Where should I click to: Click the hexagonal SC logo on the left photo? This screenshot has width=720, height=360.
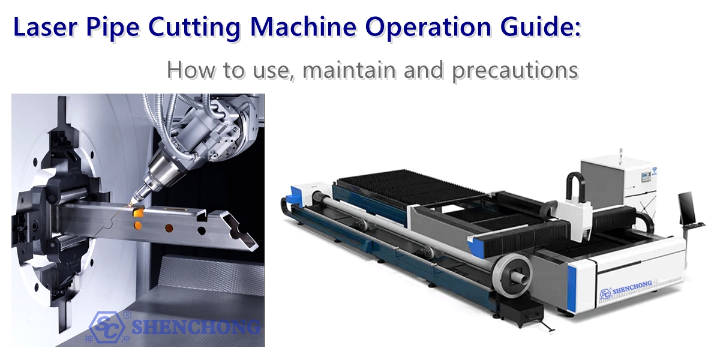107,326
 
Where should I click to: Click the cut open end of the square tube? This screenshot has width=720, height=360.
243,236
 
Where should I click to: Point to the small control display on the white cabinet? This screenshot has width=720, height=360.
646,178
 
